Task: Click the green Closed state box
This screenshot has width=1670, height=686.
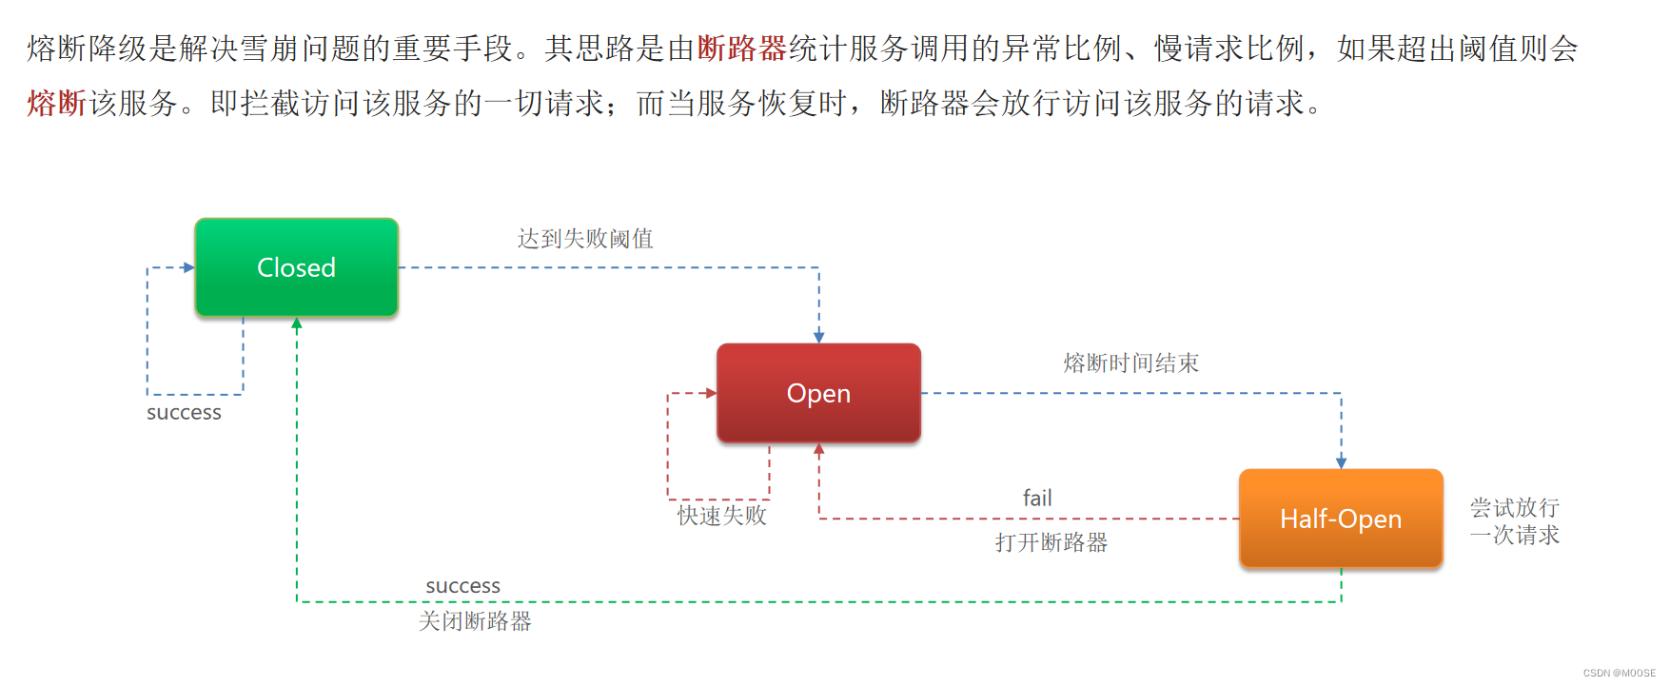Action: click(296, 267)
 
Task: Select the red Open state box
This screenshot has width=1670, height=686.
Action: click(818, 393)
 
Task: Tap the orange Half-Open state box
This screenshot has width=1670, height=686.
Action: click(1340, 519)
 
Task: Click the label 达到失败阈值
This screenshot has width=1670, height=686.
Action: click(585, 239)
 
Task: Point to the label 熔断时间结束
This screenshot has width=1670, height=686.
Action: click(1130, 363)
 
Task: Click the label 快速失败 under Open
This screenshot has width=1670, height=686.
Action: click(721, 516)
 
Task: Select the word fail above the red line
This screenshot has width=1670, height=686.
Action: click(1037, 498)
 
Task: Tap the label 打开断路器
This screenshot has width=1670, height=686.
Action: click(1051, 542)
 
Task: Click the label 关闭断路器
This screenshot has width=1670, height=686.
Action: click(475, 621)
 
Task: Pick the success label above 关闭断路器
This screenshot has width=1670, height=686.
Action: click(462, 586)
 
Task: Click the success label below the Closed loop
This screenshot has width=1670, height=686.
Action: click(184, 413)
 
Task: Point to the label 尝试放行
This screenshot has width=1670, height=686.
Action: click(1514, 507)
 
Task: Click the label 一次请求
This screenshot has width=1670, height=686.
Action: click(1514, 535)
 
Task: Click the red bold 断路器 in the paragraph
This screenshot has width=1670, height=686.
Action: click(742, 49)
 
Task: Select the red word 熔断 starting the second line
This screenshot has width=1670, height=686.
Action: click(57, 103)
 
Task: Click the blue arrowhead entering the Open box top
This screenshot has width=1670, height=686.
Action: click(818, 337)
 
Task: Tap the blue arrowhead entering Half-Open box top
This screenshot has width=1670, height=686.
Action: click(1341, 462)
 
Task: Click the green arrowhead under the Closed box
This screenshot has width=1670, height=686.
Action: click(297, 323)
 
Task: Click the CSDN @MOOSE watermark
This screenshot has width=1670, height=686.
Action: click(1619, 673)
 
